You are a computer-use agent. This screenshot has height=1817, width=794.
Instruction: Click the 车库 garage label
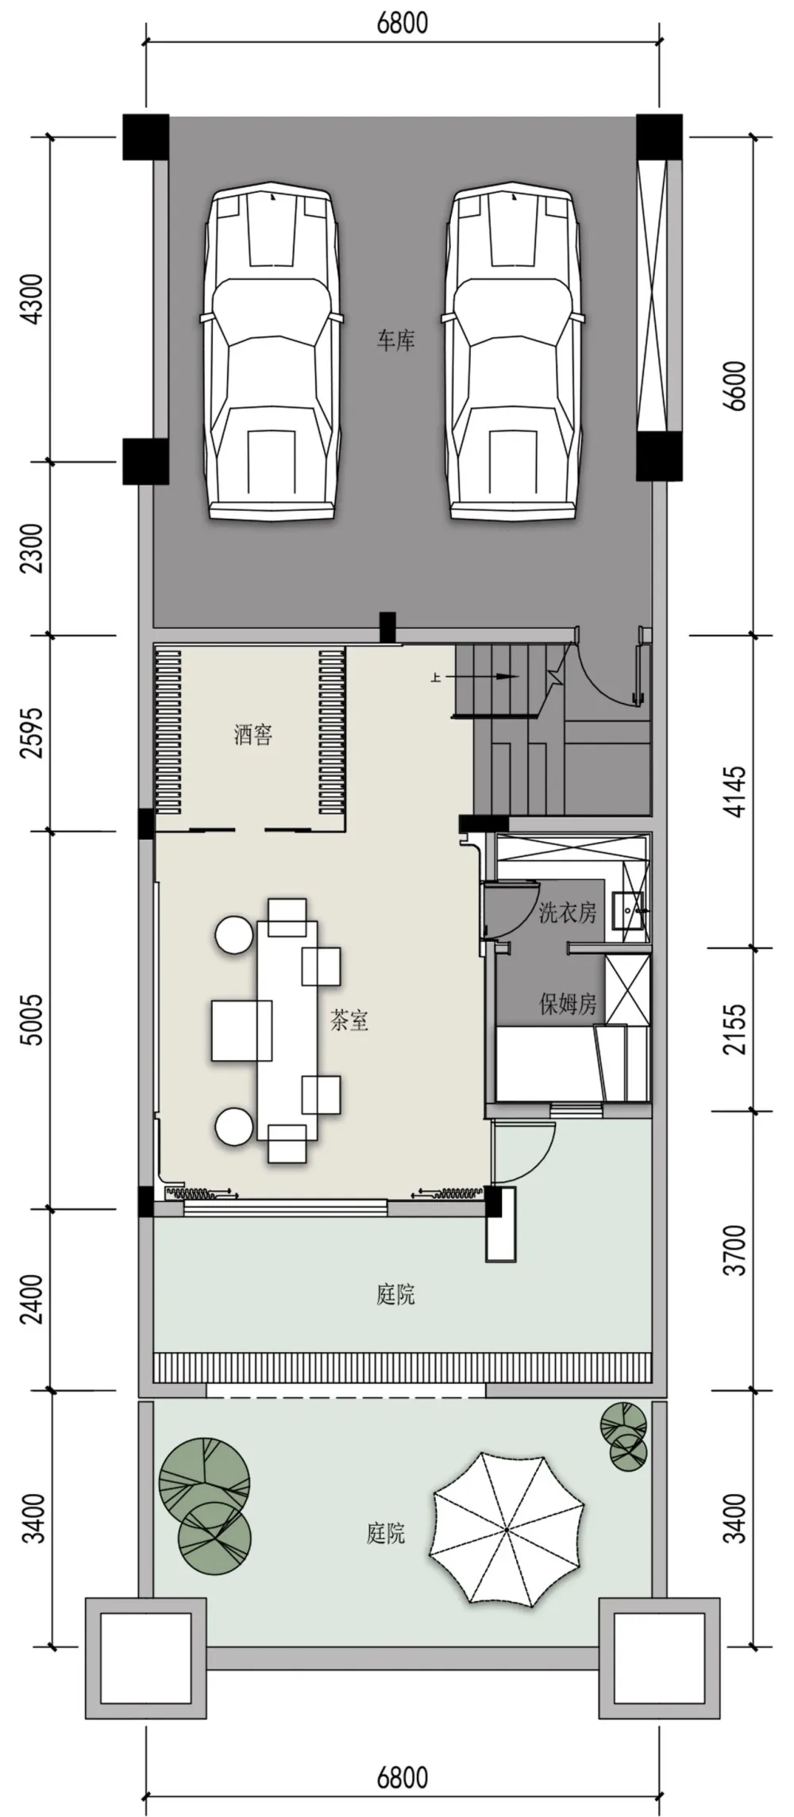click(395, 341)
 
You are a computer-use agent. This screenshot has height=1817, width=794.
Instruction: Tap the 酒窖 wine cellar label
click(253, 735)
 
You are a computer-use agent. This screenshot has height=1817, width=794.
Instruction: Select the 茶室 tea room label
click(349, 1020)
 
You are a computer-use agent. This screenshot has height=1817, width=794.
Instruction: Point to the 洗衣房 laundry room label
click(568, 912)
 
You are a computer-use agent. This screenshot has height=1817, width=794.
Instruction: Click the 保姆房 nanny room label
click(568, 1005)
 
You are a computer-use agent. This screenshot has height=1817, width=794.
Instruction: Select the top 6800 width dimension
click(403, 23)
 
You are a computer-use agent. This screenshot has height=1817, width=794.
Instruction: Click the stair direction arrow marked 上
click(477, 677)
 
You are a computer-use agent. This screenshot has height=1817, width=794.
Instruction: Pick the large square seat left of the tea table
click(241, 1031)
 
